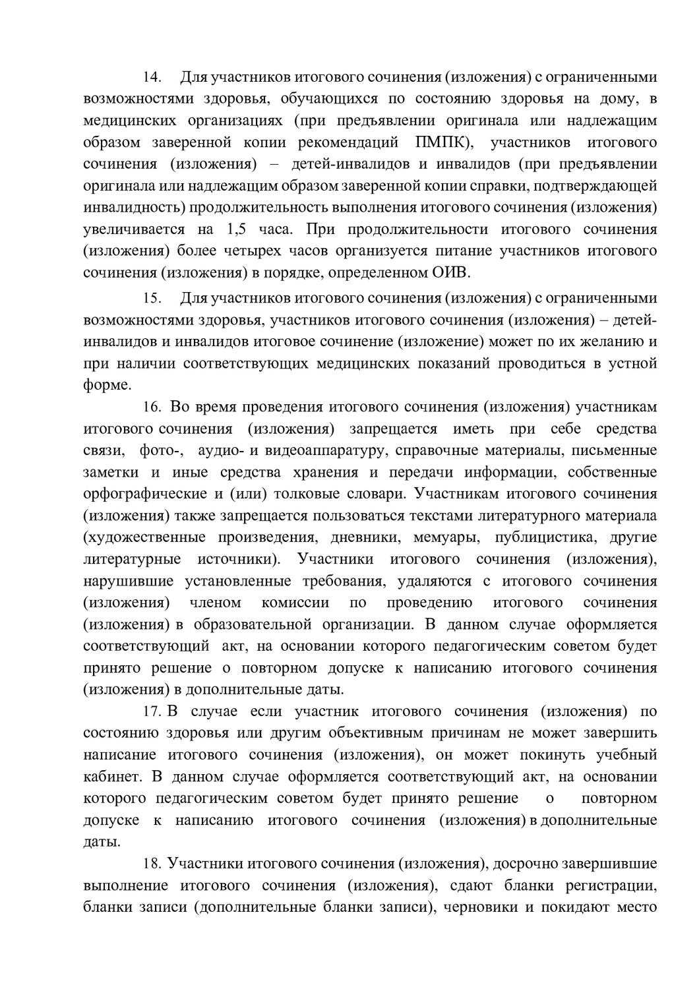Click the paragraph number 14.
pos(152,78)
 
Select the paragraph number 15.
pos(152,299)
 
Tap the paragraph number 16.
pos(152,407)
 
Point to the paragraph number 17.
pos(152,712)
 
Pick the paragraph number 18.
pos(152,864)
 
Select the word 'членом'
pos(215,603)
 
